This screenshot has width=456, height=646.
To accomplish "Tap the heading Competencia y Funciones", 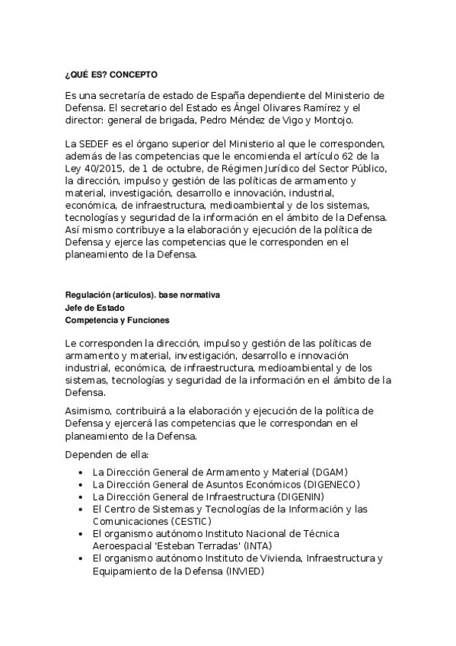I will [x=117, y=321].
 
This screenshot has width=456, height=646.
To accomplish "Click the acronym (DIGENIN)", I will [x=309, y=497].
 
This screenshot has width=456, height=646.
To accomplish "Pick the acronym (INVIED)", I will [x=244, y=571].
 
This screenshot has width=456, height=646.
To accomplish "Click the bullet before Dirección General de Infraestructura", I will [x=81, y=497].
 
